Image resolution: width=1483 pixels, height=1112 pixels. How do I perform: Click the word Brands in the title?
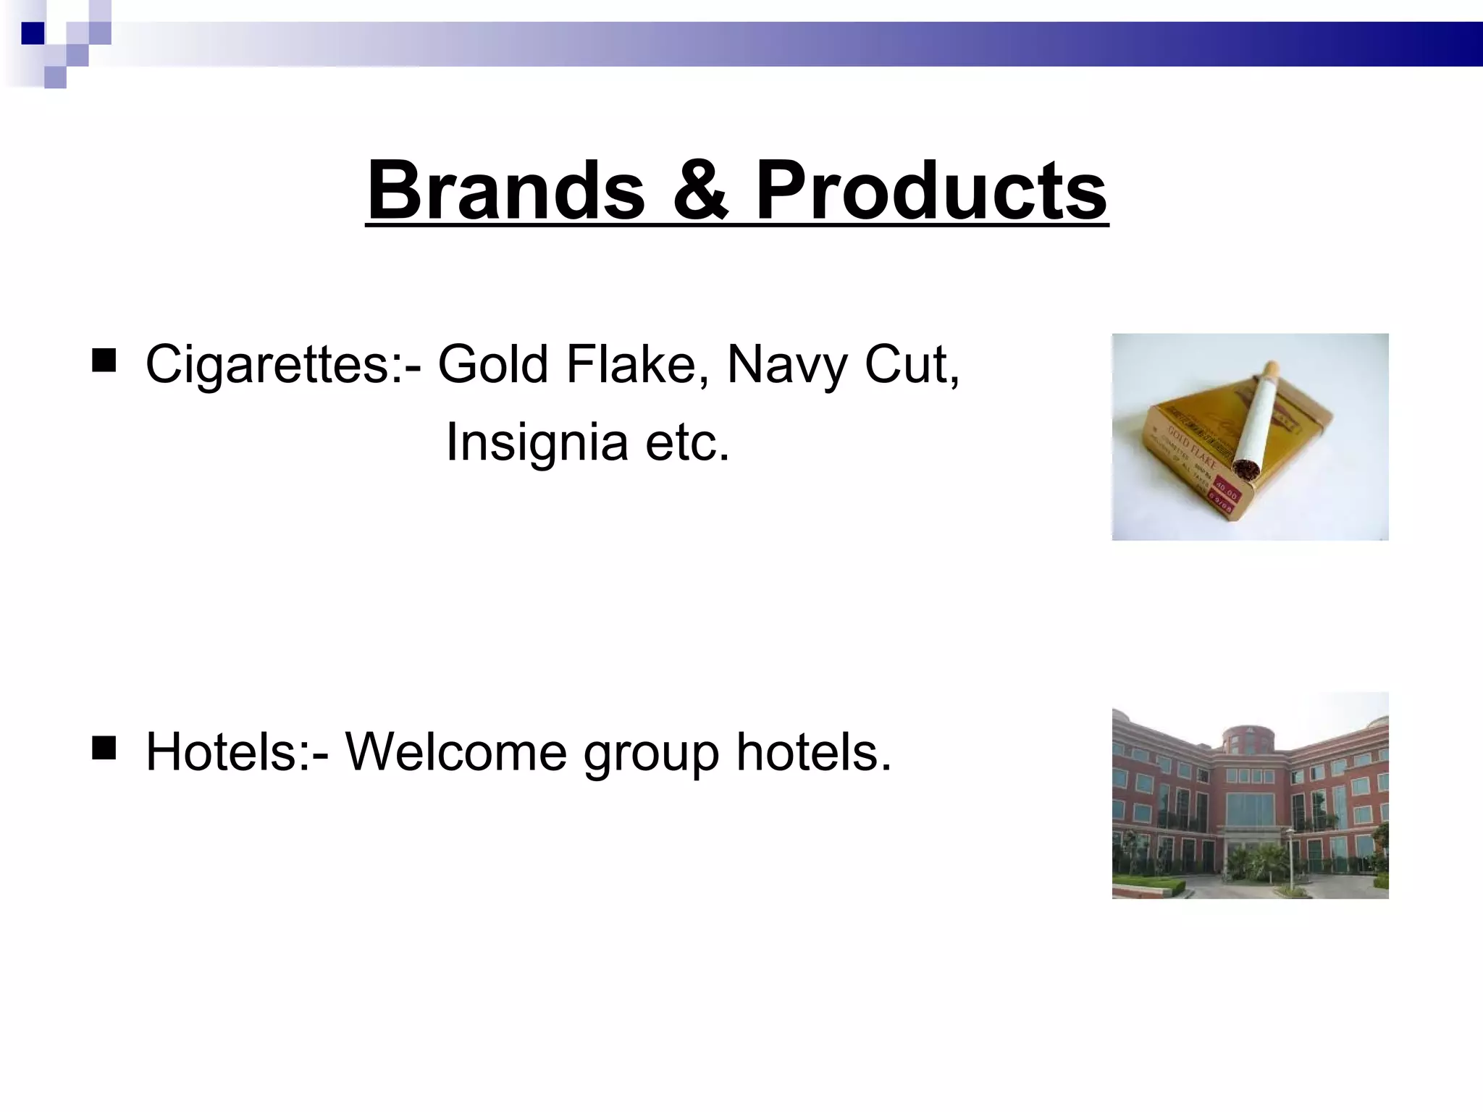[x=505, y=191]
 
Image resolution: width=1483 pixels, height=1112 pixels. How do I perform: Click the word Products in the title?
[x=931, y=191]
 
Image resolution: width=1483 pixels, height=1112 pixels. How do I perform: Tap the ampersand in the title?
[x=700, y=191]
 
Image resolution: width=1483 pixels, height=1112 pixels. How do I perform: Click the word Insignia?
[x=536, y=442]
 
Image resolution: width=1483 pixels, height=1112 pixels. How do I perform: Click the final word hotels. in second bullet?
[x=812, y=753]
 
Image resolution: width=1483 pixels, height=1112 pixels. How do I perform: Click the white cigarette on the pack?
[x=1258, y=416]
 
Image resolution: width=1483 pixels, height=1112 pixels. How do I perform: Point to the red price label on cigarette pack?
[x=1226, y=493]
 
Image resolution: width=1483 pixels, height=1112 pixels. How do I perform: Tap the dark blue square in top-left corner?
[x=33, y=33]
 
